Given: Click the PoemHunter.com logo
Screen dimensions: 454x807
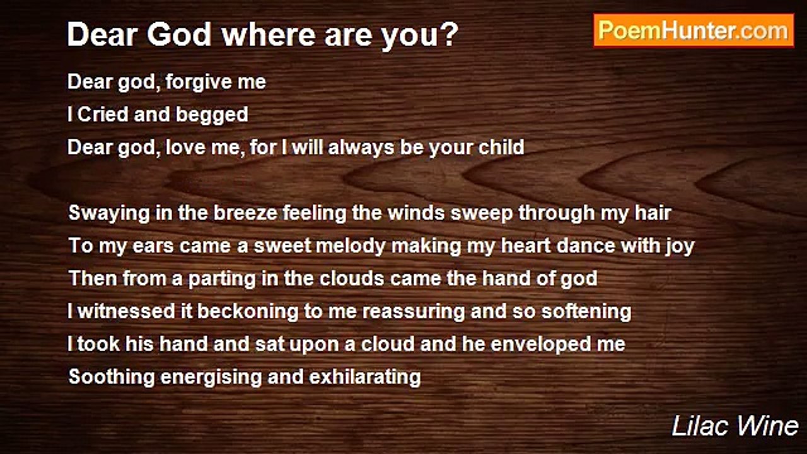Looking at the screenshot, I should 693,30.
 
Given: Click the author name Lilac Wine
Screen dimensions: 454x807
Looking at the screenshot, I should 735,426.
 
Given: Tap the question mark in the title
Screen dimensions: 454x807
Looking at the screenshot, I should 450,35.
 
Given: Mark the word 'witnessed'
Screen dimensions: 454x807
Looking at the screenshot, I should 119,311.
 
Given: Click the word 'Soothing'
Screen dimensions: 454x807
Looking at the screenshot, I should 111,377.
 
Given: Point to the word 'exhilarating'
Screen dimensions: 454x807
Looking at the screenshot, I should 365,377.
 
